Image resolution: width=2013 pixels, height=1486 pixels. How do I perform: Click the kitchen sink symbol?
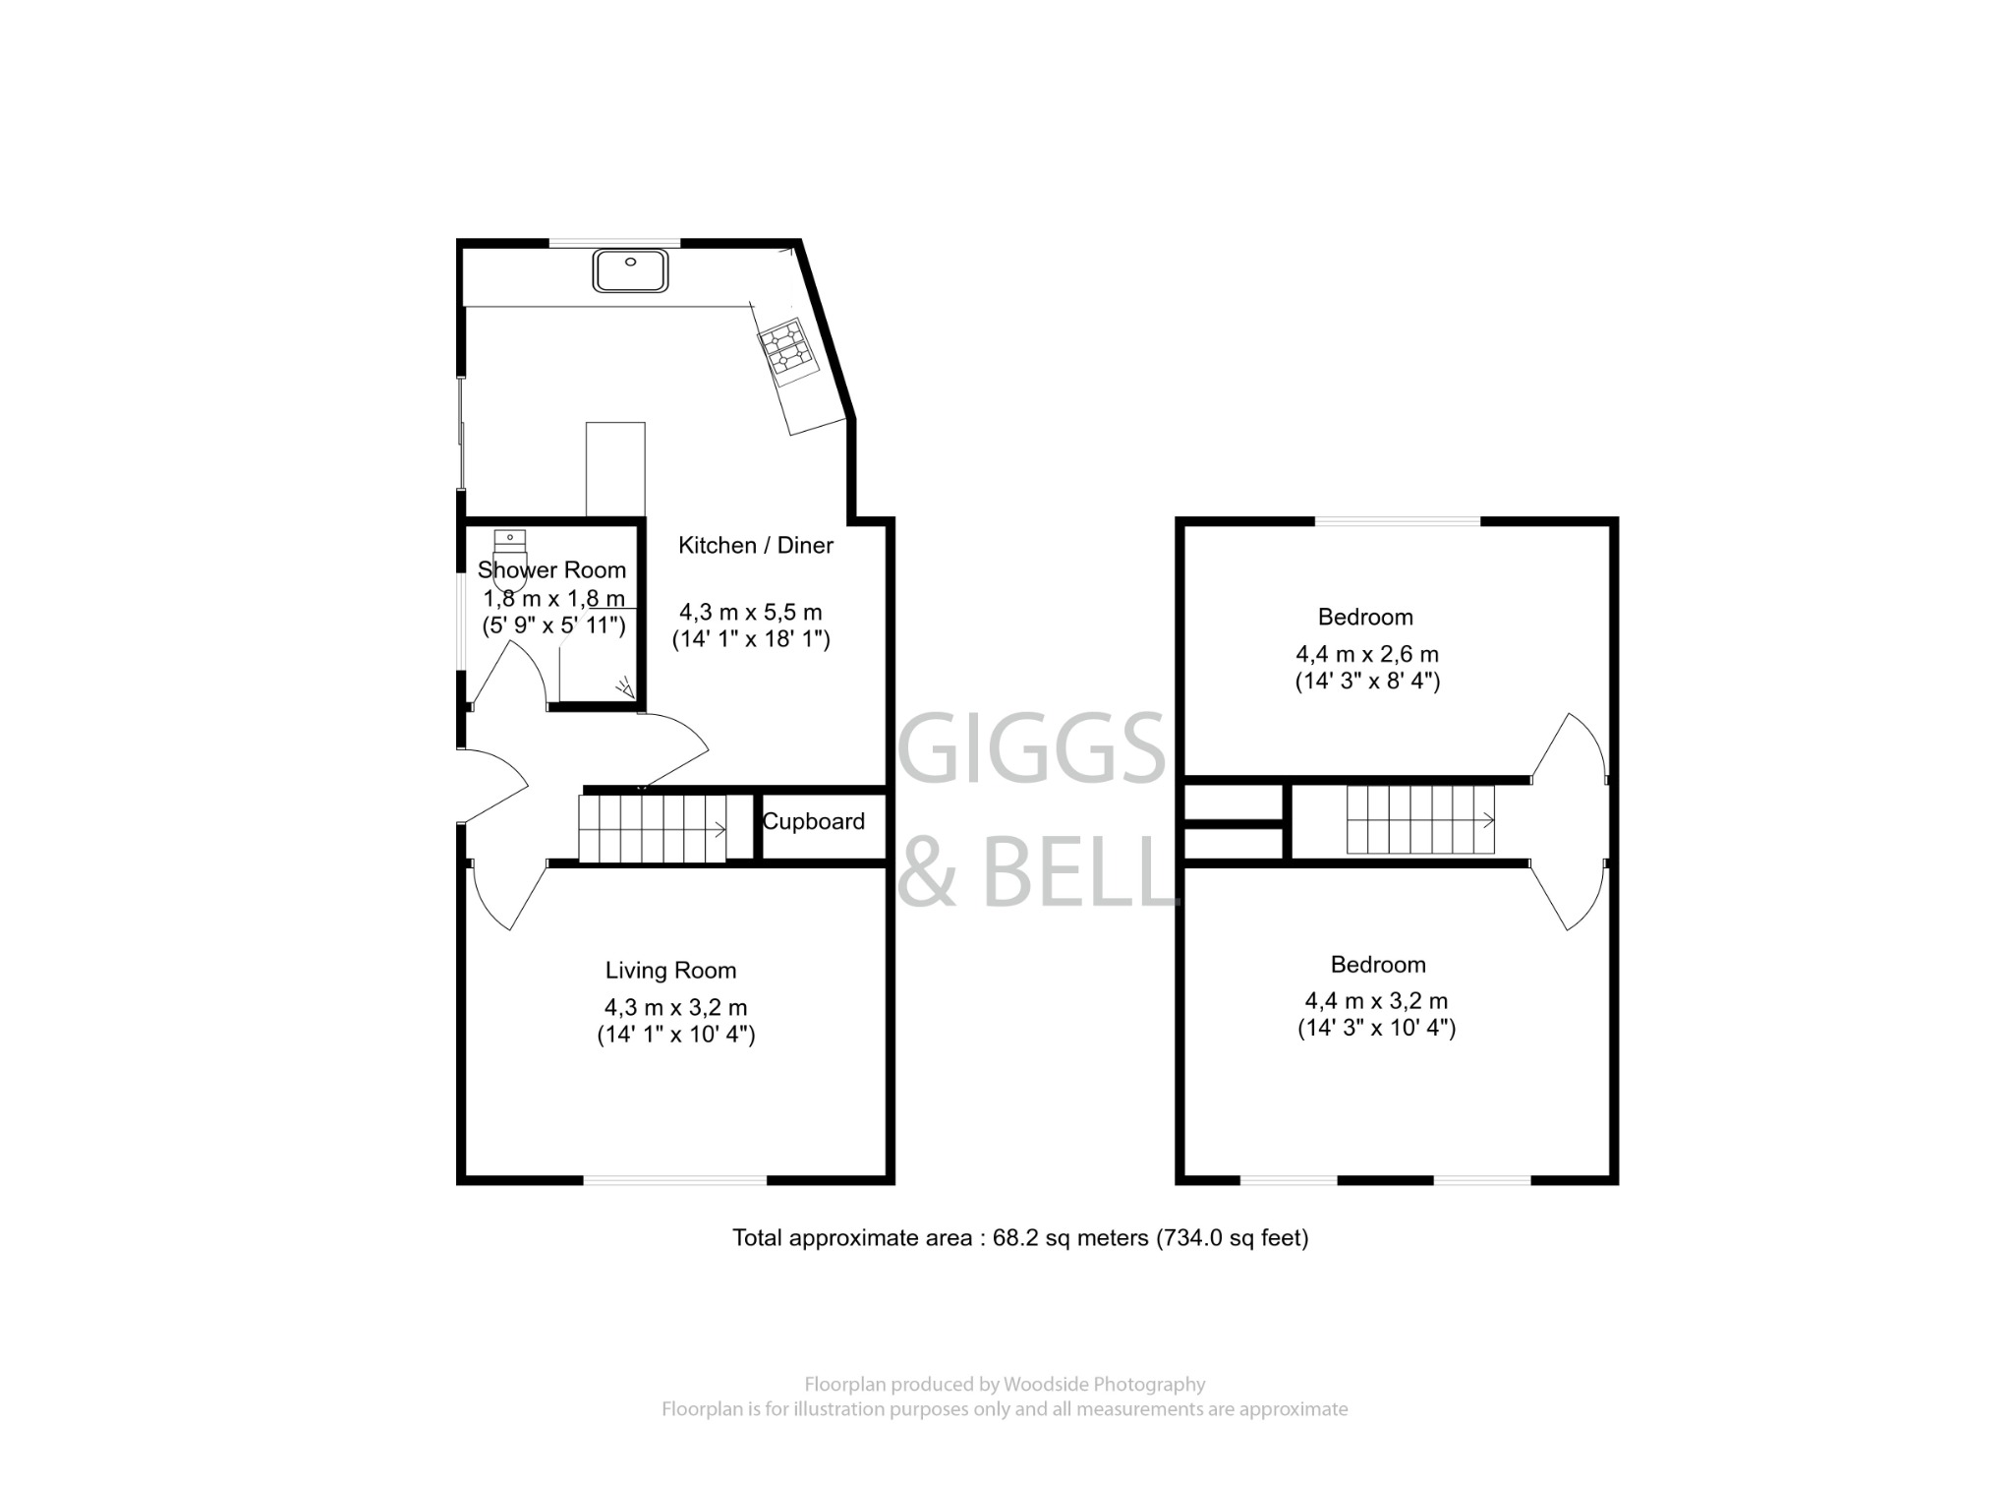coord(630,270)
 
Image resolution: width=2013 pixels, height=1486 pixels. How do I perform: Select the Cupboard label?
coord(814,821)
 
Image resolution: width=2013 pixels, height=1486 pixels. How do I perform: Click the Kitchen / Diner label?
coord(755,545)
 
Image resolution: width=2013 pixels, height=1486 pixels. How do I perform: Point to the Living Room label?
coord(670,971)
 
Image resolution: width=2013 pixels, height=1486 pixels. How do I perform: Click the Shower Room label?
coord(551,569)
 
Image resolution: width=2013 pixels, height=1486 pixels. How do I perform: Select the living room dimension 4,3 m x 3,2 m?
coord(675,1007)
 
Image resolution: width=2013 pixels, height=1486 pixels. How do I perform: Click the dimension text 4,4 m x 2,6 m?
coord(1366,653)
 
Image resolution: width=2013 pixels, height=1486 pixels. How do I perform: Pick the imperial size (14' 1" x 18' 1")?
coord(751,639)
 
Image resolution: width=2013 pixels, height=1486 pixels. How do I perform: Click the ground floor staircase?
coord(652,829)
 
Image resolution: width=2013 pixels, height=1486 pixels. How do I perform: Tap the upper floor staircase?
coord(1419,819)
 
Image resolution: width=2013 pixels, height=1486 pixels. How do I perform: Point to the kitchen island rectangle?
coord(615,468)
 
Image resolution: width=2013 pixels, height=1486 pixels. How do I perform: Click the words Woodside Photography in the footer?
coord(1103,1385)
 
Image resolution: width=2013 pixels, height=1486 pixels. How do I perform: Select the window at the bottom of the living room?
coord(675,1179)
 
